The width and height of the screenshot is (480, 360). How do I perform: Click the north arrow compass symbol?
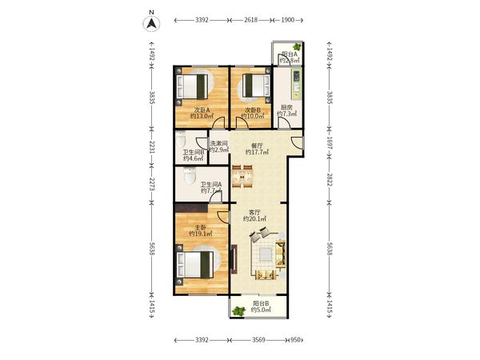point(151,23)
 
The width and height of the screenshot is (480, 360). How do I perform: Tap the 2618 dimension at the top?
point(250,20)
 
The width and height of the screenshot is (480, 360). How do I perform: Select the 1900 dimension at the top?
point(287,20)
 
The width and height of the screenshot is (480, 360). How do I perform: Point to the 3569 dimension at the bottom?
point(258,340)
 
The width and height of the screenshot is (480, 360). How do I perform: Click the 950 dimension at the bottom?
point(295,340)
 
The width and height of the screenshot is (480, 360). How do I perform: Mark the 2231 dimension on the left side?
point(152,147)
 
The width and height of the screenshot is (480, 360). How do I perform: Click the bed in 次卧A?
point(192,87)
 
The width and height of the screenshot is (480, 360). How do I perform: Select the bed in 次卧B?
point(257,86)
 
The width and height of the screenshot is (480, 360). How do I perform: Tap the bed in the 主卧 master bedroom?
point(195,265)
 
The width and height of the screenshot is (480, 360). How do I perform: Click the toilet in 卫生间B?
point(181,139)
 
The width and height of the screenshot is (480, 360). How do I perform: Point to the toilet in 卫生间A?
point(190,176)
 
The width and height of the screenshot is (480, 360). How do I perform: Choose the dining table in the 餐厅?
point(242,177)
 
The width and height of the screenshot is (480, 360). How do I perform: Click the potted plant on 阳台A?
point(297,47)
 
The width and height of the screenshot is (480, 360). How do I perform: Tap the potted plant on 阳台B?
point(238,311)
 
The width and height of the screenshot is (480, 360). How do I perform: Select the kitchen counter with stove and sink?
point(296,83)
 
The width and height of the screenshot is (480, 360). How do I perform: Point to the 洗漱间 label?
point(219,143)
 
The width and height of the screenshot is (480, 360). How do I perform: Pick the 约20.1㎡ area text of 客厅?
point(254,219)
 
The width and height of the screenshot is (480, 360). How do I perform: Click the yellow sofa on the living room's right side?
point(280,254)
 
